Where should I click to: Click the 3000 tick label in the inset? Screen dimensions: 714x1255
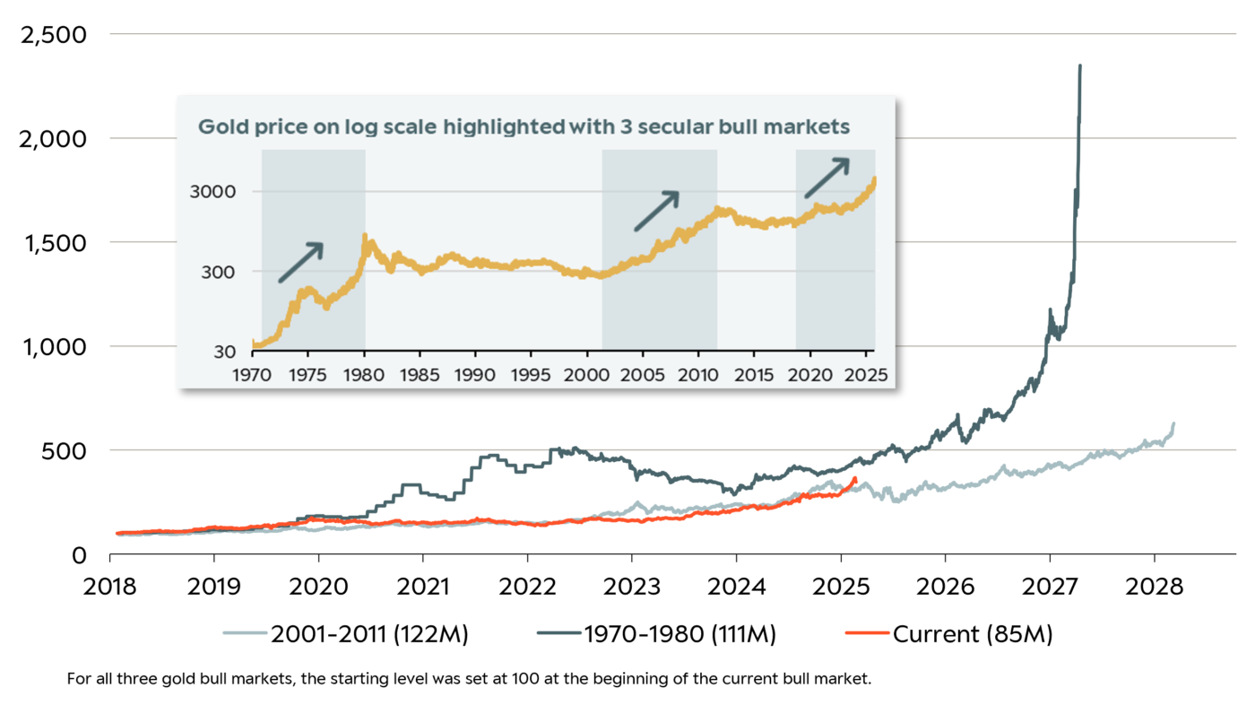click(217, 192)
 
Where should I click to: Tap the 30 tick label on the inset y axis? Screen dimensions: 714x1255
click(225, 352)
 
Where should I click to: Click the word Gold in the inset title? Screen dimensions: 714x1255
click(220, 127)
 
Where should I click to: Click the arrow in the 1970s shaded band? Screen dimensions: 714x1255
click(300, 262)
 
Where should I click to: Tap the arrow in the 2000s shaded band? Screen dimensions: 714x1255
click(656, 211)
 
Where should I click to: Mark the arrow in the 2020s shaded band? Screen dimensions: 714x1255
click(826, 178)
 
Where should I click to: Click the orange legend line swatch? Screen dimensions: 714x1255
click(868, 633)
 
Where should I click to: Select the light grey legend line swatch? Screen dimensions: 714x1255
click(246, 633)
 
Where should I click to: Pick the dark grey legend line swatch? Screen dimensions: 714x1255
click(559, 633)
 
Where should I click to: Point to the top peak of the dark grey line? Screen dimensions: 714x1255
click(1080, 65)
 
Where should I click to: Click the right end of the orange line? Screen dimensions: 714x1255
click(856, 479)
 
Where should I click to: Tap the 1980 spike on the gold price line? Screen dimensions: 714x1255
click(364, 236)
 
